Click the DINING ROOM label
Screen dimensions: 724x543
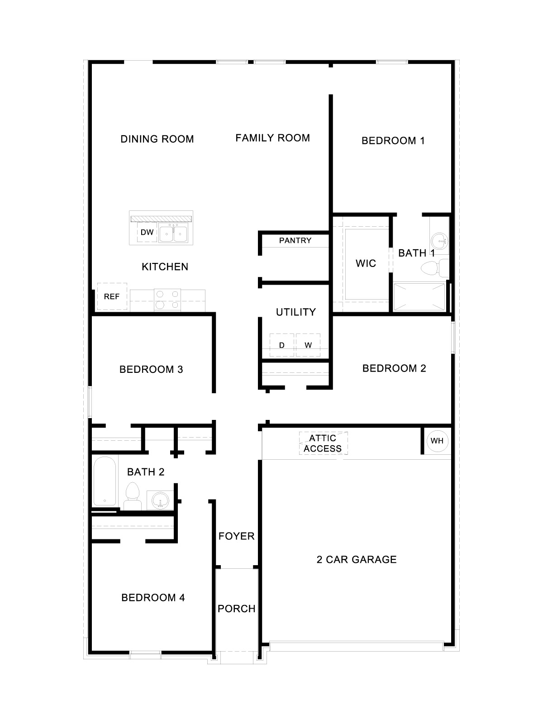click(157, 139)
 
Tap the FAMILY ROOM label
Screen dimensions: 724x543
click(272, 138)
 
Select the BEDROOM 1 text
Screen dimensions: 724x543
click(393, 140)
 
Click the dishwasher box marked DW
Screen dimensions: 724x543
click(147, 233)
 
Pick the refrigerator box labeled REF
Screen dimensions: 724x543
click(112, 296)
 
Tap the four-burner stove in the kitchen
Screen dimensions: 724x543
click(167, 300)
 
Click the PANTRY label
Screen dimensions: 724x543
click(295, 240)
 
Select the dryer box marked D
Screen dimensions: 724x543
click(282, 345)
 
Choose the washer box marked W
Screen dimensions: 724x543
click(308, 345)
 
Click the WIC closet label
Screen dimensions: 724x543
click(366, 263)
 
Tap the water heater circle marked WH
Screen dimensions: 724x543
click(437, 441)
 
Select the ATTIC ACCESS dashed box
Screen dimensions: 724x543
click(323, 443)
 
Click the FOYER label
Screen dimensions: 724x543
click(236, 536)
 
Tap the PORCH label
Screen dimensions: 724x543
click(236, 609)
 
